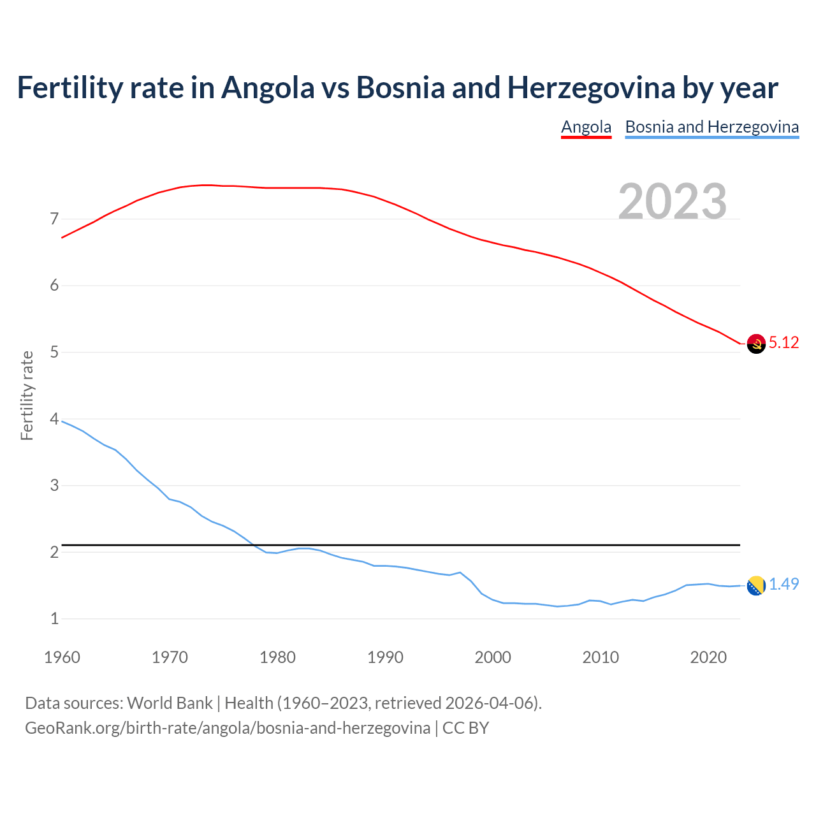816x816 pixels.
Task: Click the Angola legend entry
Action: point(586,127)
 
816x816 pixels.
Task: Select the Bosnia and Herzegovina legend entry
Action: point(711,127)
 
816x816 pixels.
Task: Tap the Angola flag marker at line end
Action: point(756,344)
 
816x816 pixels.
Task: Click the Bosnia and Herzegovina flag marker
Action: point(756,585)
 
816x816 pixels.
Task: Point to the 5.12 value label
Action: point(783,343)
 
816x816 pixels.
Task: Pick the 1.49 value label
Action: point(783,585)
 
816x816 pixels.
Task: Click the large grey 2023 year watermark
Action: point(673,201)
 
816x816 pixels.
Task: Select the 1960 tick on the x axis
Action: point(62,657)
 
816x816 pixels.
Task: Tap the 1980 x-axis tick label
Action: point(277,657)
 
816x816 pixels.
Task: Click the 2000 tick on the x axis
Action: point(493,657)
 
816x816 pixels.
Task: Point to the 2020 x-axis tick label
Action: point(708,657)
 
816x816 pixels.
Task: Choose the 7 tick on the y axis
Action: point(54,219)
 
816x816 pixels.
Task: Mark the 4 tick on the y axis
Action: point(54,419)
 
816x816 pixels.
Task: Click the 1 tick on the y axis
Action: point(54,619)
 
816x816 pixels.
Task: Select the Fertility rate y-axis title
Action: point(27,395)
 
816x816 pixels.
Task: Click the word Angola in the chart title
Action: point(268,88)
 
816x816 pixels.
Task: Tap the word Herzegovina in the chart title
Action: point(591,88)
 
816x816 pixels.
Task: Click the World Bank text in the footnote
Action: point(170,703)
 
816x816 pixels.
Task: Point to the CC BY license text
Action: point(465,728)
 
